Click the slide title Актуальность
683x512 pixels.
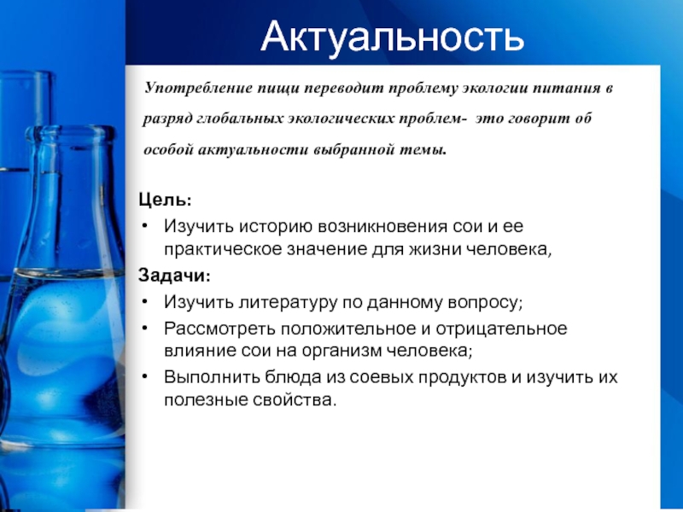pos(392,37)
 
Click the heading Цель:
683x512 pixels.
pos(165,200)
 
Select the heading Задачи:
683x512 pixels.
pos(174,276)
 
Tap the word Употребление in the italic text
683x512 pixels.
pos(199,89)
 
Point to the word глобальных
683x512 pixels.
pos(240,119)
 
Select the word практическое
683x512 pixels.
pos(223,250)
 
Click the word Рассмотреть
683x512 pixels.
pos(219,329)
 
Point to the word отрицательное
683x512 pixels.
pos(501,329)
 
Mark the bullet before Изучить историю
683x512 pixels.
pos(145,226)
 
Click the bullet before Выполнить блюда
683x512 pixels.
pos(145,376)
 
